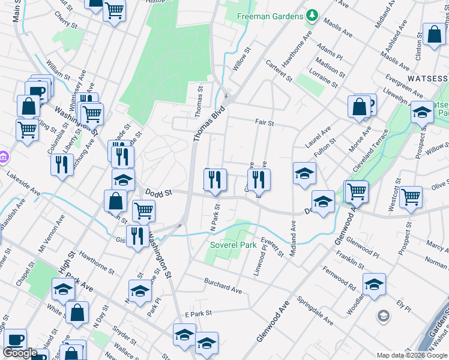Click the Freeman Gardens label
point(270,16)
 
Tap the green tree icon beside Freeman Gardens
point(312,16)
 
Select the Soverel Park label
point(233,245)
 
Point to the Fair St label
point(264,123)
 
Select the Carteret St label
point(279,70)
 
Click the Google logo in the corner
point(20,353)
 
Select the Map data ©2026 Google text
point(412,355)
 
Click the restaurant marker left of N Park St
point(215,179)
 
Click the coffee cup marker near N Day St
point(14,340)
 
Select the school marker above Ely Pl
point(373,284)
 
